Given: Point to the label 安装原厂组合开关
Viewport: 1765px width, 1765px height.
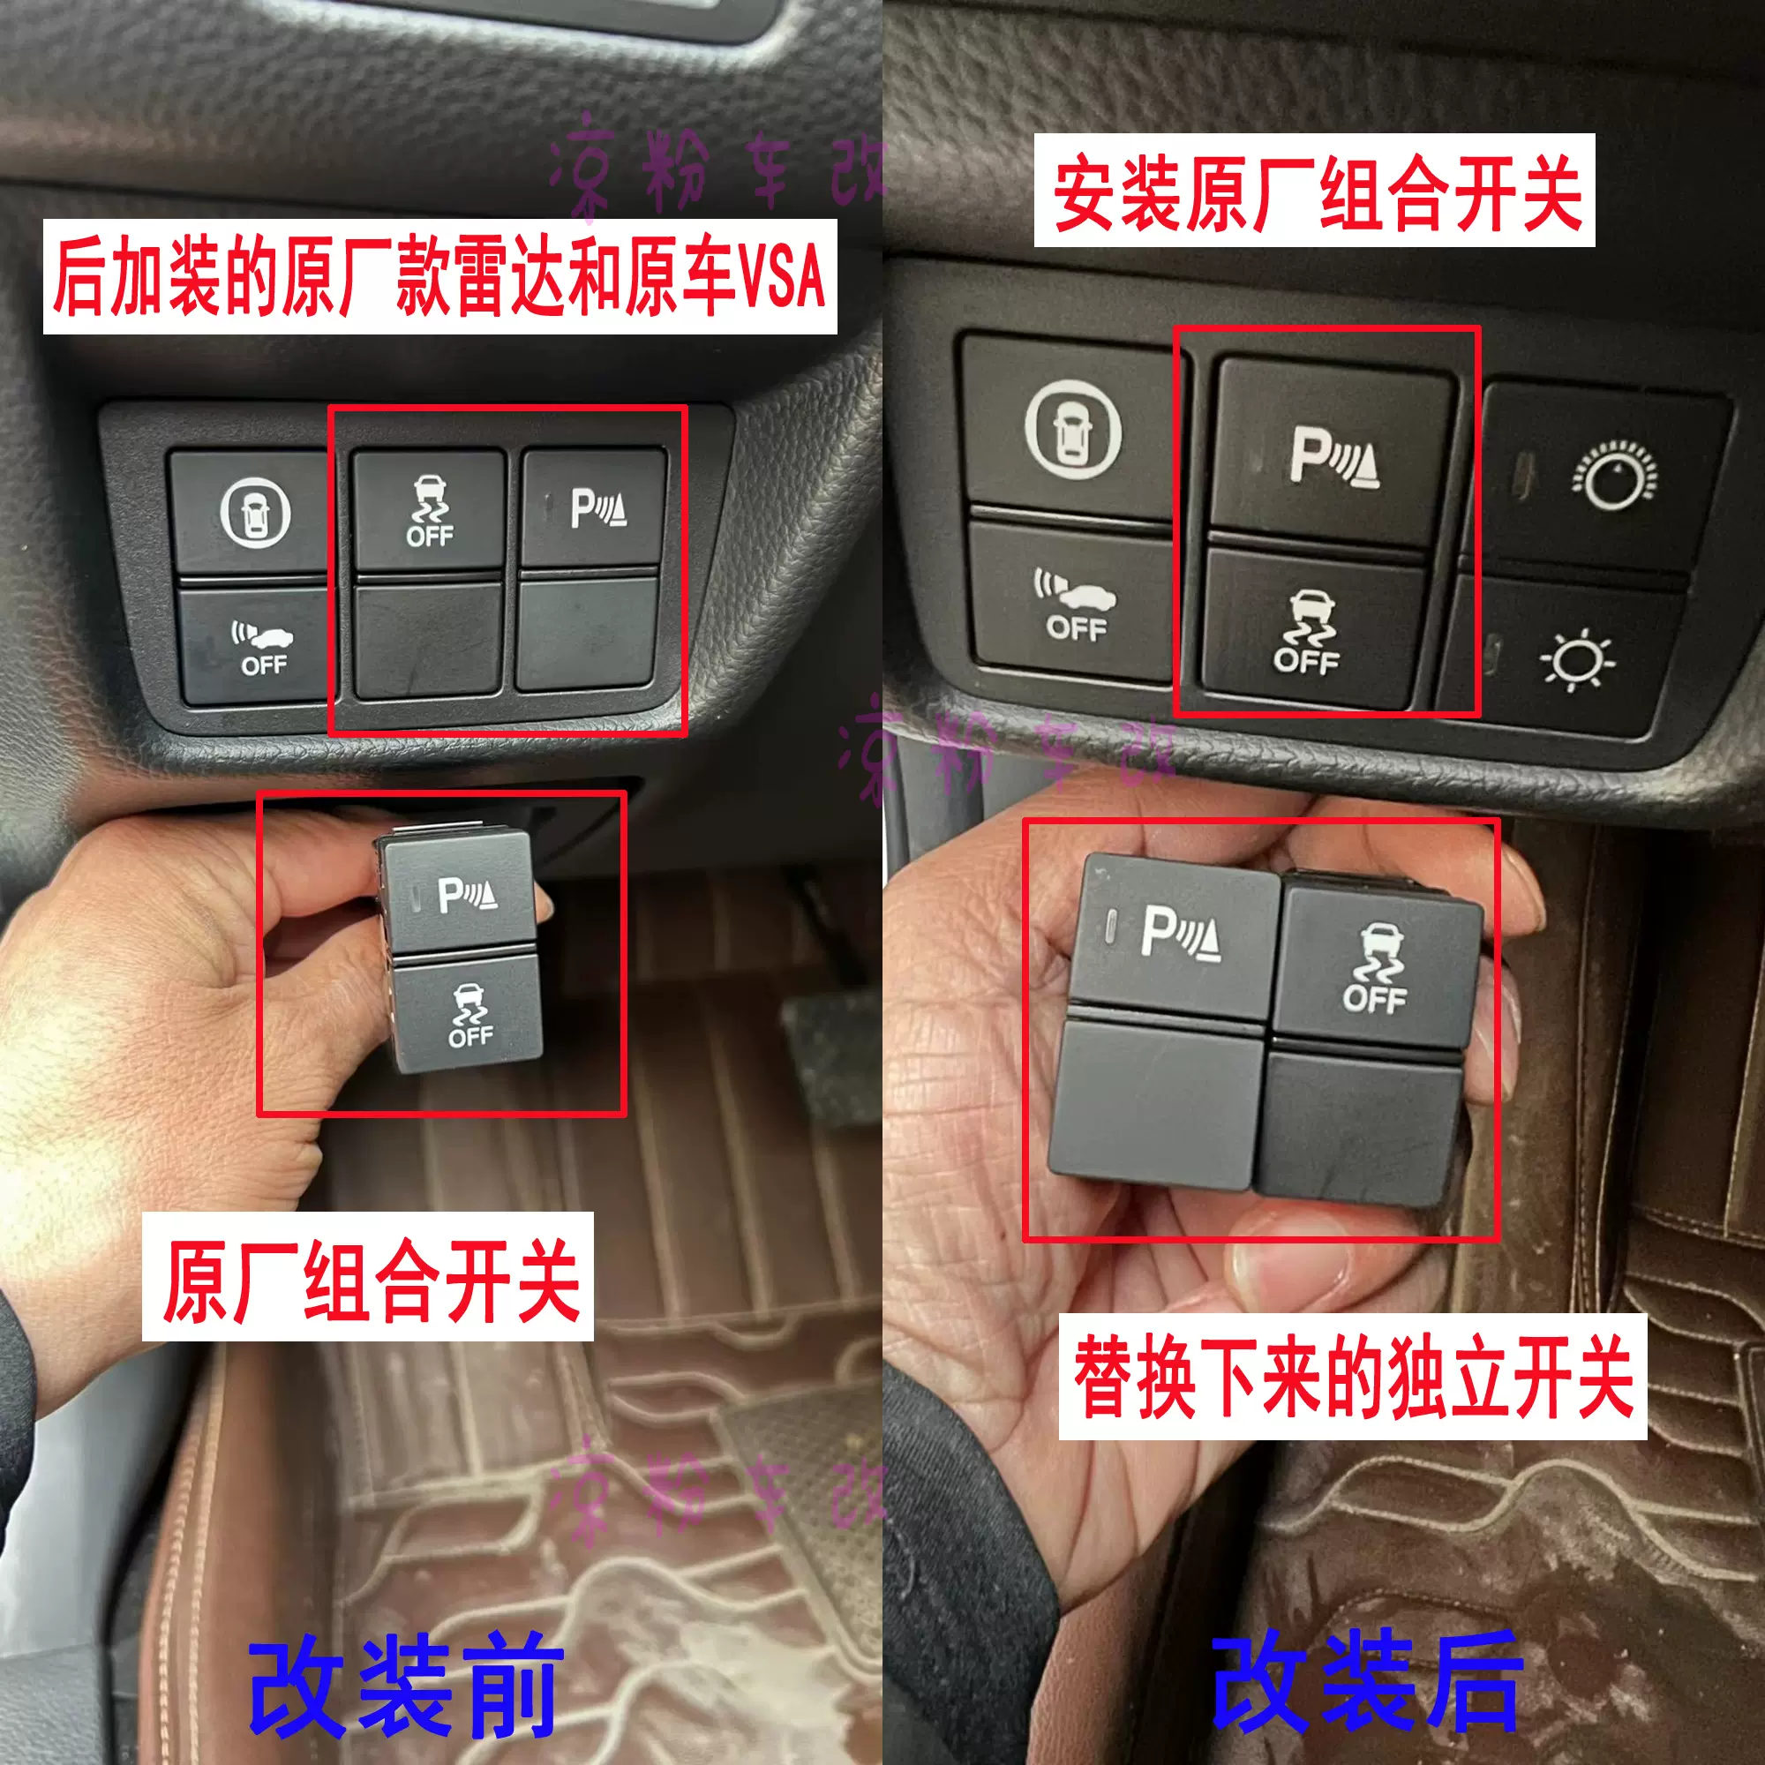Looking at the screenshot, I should [1314, 191].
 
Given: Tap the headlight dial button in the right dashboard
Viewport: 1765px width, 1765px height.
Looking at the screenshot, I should [1612, 478].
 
